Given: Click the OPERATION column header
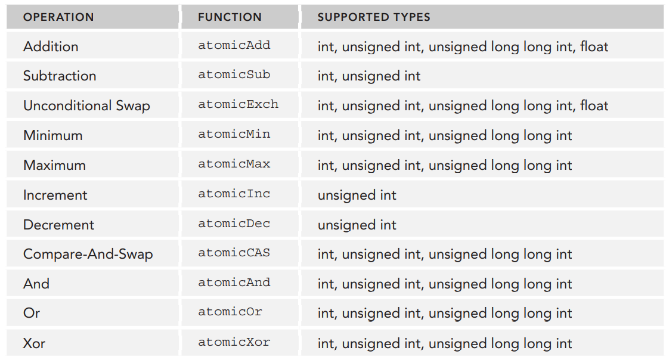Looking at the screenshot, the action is point(58,17).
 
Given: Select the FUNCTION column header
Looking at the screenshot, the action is point(230,17).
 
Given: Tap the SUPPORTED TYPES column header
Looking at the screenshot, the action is point(374,17).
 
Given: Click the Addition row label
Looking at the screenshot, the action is point(51,46).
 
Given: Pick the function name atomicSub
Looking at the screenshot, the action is point(234,75).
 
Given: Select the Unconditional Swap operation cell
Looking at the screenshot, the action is point(86,105).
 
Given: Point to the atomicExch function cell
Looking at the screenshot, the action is point(238,104).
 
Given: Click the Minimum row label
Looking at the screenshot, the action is point(52,135).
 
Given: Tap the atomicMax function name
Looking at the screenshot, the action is point(234,164).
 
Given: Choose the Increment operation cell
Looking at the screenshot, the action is point(55,195).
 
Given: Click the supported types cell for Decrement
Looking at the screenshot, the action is point(357,225).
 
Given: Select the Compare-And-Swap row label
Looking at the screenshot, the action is point(88,254).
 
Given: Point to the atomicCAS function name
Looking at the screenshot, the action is point(234,253).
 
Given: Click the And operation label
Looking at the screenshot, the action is point(36,284).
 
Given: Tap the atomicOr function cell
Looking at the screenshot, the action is point(230,312).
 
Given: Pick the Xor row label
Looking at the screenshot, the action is point(34,343).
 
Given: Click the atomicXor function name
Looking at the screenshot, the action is point(234,342).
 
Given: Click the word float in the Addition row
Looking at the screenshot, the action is point(594,46).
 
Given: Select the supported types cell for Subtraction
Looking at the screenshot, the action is point(368,76).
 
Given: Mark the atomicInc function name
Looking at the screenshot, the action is point(234,194).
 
